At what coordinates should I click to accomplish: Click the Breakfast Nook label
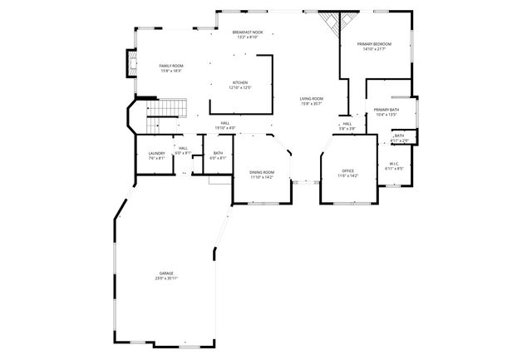tap(248, 32)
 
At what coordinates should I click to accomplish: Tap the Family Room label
tap(171, 65)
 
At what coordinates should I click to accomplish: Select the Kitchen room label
tap(240, 82)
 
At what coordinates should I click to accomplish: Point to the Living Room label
tap(312, 99)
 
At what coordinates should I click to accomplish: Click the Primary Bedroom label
tap(375, 43)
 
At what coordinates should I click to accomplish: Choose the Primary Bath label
tap(387, 110)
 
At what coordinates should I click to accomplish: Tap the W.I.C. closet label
tap(395, 164)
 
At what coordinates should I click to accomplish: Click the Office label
tap(347, 171)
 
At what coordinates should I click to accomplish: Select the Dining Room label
tap(262, 172)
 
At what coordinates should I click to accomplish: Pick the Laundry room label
tap(156, 153)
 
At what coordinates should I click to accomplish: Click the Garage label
tap(166, 273)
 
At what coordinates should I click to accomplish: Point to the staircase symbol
tap(168, 108)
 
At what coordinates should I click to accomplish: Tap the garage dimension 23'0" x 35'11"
tap(166, 279)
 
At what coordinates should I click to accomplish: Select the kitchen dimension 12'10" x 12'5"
tap(240, 87)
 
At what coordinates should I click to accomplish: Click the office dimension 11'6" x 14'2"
tap(347, 176)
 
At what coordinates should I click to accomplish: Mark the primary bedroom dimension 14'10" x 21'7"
tap(375, 49)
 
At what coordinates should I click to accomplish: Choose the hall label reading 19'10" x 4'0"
tap(225, 127)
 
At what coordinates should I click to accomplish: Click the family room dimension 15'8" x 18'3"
tap(171, 71)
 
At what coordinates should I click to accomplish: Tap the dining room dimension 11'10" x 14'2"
tap(262, 177)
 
